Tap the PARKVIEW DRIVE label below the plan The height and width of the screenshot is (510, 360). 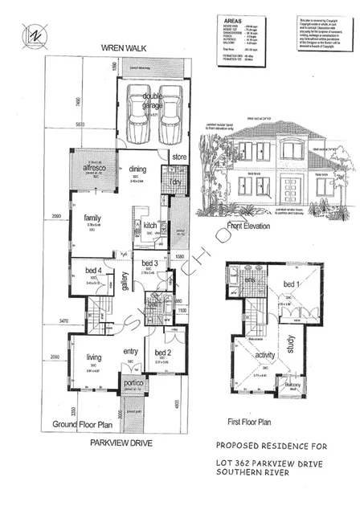point(121,442)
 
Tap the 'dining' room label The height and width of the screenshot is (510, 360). point(137,169)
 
